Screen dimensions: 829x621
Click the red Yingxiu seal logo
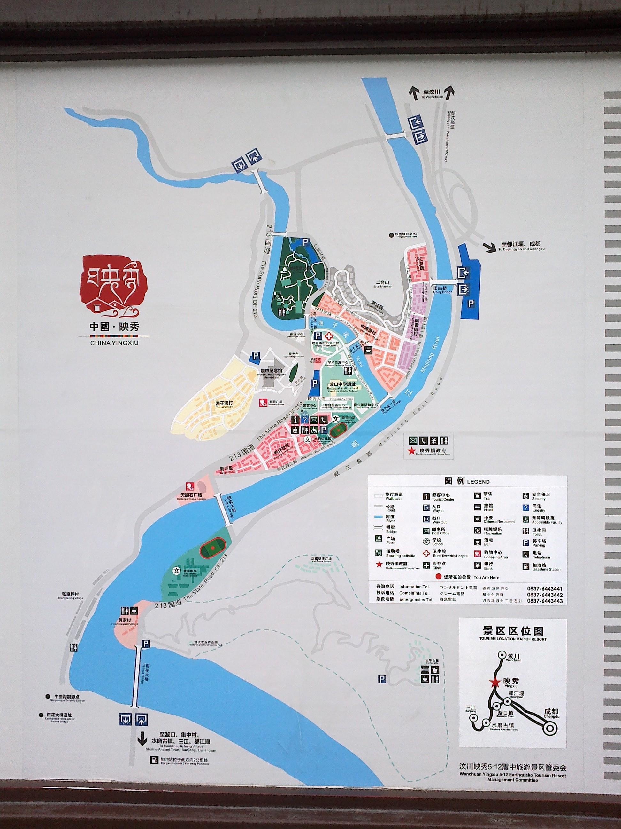click(113, 286)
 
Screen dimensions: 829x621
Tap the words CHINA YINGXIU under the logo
click(114, 341)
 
